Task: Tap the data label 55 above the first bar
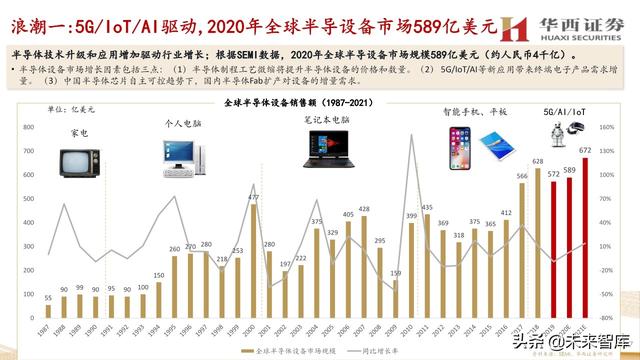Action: (x=48, y=297)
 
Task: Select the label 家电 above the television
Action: (x=79, y=132)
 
